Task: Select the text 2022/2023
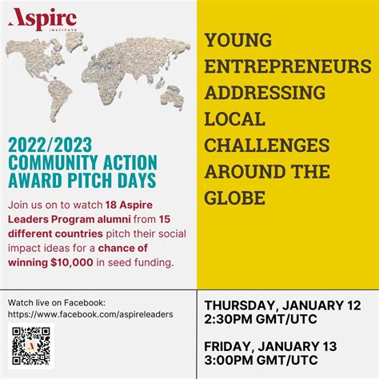(x=48, y=144)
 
